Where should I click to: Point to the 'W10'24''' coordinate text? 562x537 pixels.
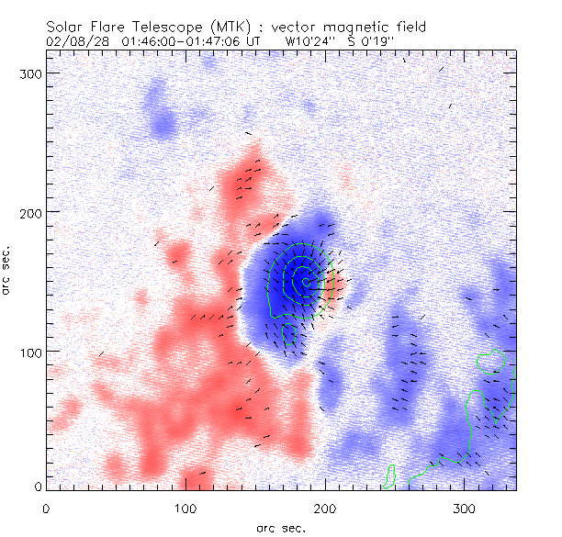[x=309, y=41]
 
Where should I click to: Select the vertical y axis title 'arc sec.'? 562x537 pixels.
[x=10, y=272]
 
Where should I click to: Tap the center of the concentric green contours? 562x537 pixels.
[x=301, y=282]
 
